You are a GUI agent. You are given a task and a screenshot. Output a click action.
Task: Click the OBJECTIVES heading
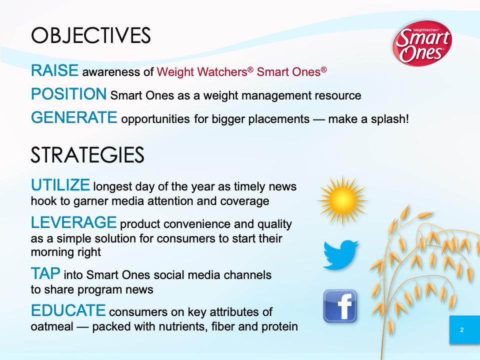click(91, 36)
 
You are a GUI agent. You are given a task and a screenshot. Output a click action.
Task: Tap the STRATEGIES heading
click(87, 155)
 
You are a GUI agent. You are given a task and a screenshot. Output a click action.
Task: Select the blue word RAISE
click(55, 70)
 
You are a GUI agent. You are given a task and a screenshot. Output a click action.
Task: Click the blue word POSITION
click(69, 93)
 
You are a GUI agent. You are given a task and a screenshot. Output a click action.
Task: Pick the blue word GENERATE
click(74, 117)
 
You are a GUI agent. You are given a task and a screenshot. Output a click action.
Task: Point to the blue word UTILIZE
click(60, 185)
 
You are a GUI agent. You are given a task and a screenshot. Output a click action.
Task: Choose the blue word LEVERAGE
click(74, 222)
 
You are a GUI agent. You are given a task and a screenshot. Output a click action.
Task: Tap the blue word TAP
click(45, 273)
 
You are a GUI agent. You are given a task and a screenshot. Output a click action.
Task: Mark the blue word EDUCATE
click(68, 310)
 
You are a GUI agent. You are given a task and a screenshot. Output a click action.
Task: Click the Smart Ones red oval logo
click(422, 43)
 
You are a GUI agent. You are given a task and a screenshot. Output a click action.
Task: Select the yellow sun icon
click(342, 201)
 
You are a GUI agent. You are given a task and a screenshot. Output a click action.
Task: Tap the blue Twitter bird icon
click(341, 255)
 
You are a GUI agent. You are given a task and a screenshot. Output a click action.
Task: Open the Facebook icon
click(340, 306)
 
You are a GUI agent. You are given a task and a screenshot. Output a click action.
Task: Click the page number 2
click(462, 330)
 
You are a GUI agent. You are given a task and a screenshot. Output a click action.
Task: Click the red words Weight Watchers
click(202, 72)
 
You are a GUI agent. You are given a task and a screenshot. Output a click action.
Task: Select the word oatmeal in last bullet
click(52, 326)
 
